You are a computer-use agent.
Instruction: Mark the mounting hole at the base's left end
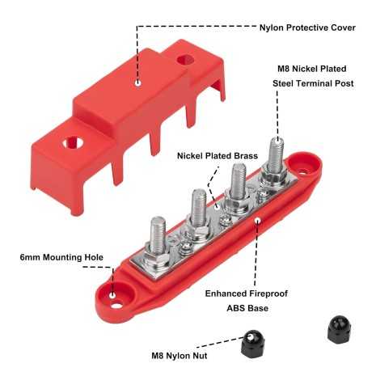pos(113,296)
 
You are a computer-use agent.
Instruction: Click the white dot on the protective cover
pos(138,81)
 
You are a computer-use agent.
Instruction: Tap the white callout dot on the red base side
pos(258,218)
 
